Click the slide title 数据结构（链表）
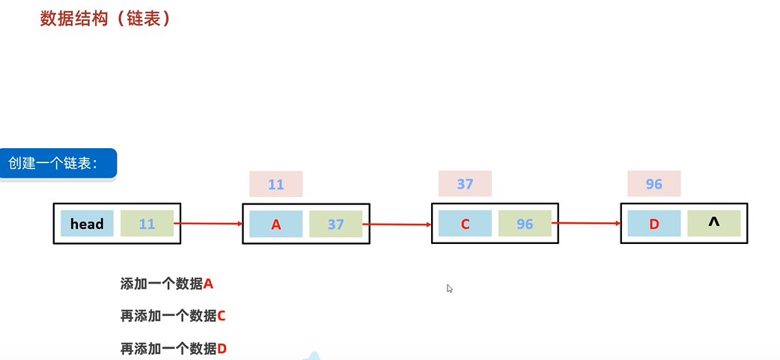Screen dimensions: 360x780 click(106, 19)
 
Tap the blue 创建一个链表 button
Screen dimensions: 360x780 click(58, 163)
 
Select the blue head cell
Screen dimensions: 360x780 click(87, 224)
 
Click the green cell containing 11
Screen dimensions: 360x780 click(147, 224)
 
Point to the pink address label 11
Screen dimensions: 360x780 click(275, 184)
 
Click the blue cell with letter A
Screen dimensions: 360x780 click(275, 224)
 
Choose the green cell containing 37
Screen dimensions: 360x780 click(335, 224)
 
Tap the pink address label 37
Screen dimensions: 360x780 click(465, 184)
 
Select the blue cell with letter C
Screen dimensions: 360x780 click(465, 224)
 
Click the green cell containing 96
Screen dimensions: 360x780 click(525, 224)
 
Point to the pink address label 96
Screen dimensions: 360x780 click(653, 184)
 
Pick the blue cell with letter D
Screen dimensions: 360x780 click(654, 224)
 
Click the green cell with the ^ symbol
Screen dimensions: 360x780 click(714, 223)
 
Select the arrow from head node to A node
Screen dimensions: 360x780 click(212, 223)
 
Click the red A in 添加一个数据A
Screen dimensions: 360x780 click(209, 284)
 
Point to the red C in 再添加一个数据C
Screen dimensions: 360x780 click(222, 316)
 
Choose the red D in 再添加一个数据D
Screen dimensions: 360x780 click(222, 348)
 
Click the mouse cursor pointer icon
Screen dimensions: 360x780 click(450, 288)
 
